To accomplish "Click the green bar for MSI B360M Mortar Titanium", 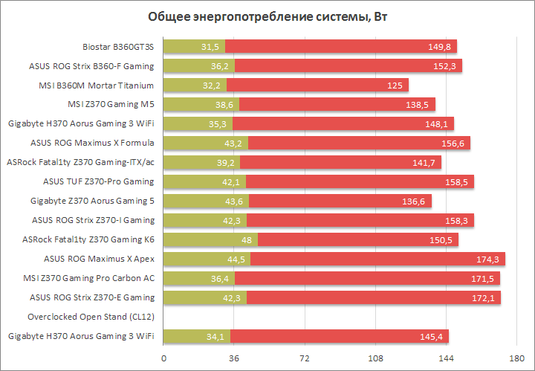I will (186, 86).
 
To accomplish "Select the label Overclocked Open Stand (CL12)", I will (91, 317).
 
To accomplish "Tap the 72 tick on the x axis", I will (304, 358).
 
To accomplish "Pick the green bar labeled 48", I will (201, 239).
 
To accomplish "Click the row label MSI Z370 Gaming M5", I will (111, 104).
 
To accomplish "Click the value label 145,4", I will (432, 336).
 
